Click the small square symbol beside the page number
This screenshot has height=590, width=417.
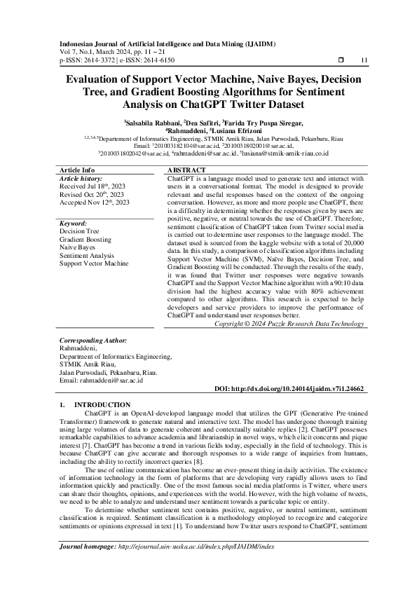click(x=340, y=60)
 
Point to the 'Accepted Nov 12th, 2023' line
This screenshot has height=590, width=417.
click(x=85, y=202)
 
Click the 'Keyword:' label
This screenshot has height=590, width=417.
click(x=74, y=222)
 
